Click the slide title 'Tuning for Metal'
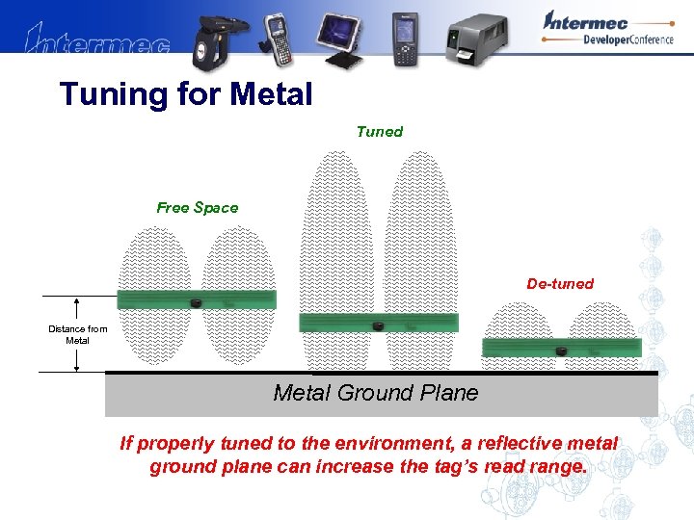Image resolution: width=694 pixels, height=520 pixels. click(186, 94)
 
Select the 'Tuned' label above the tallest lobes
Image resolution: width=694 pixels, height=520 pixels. click(379, 131)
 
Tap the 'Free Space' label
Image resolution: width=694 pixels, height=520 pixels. click(197, 207)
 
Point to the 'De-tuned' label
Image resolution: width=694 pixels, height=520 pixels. click(559, 283)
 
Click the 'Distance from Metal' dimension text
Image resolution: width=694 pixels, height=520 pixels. click(77, 334)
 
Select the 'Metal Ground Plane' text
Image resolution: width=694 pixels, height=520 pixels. click(375, 393)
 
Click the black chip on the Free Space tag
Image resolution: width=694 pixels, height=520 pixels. click(195, 303)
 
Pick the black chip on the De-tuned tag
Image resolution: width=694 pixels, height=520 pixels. click(561, 351)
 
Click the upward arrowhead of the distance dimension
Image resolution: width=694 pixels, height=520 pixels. click(76, 300)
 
